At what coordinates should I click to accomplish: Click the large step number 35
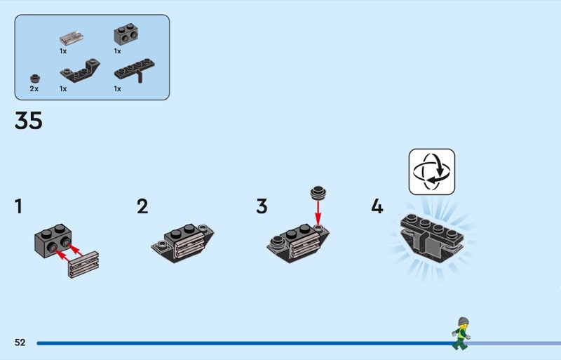tap(29, 121)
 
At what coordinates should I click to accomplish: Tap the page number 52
tap(20, 342)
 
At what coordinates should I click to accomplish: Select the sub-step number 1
tap(18, 207)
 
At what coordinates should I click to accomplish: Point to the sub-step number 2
tap(142, 207)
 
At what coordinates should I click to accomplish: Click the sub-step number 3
tap(262, 207)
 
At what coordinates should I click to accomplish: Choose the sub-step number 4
tap(377, 207)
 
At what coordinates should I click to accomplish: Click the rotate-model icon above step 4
tap(432, 172)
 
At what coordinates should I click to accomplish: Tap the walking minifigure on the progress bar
tap(461, 333)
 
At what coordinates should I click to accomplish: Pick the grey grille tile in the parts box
tap(72, 37)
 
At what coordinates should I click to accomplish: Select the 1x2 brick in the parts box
tap(126, 34)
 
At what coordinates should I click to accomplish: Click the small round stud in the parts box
tap(35, 79)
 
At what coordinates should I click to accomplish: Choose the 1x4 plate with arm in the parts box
tap(135, 70)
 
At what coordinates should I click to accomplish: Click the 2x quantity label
tap(34, 88)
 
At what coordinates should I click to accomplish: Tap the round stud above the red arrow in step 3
tap(318, 193)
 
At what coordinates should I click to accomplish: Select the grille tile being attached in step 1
tap(83, 265)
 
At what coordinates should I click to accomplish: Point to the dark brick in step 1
tap(53, 241)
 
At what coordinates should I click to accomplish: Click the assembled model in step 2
tap(182, 244)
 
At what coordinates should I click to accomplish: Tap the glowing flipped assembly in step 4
tap(432, 237)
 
